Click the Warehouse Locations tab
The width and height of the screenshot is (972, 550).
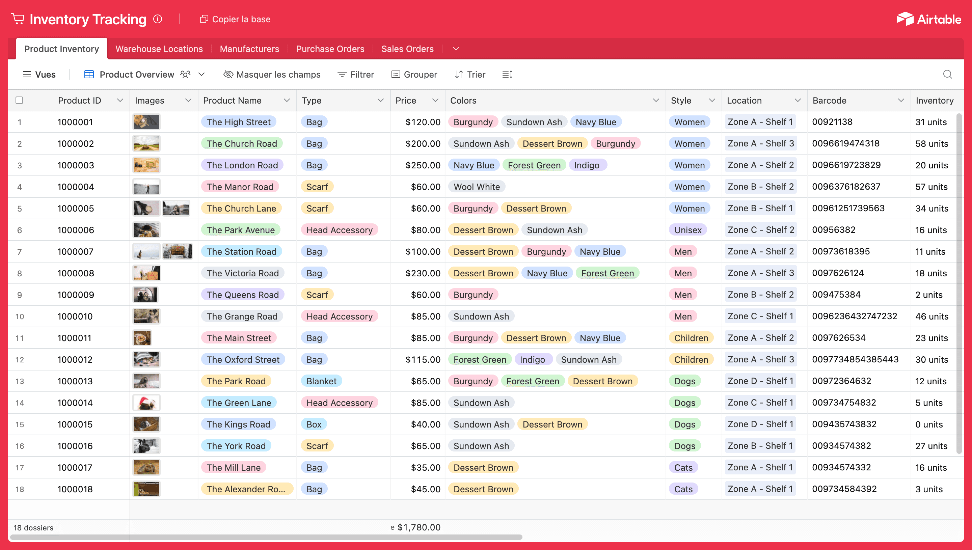pos(159,49)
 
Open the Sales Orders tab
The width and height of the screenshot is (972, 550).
pos(407,49)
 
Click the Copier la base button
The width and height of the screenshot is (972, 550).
pos(235,19)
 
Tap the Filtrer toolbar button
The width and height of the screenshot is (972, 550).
pos(355,75)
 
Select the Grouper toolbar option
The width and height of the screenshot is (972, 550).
pos(414,75)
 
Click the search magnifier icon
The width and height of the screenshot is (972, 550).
pos(947,75)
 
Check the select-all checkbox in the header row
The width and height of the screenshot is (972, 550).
pos(19,100)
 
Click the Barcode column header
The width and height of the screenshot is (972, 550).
pos(829,101)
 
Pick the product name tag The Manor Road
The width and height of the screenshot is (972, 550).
pos(240,187)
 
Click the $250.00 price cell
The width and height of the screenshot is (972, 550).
pos(422,165)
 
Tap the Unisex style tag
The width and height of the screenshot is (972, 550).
pos(687,230)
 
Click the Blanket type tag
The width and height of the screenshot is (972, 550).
pos(321,381)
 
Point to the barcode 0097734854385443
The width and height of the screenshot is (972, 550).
pos(855,359)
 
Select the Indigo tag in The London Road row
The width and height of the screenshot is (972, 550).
pos(586,165)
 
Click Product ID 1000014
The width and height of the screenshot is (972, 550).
pos(75,403)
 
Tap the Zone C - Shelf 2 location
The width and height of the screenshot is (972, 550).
pos(760,230)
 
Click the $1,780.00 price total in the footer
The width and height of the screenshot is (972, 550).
pos(418,527)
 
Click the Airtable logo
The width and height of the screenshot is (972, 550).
pos(928,19)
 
